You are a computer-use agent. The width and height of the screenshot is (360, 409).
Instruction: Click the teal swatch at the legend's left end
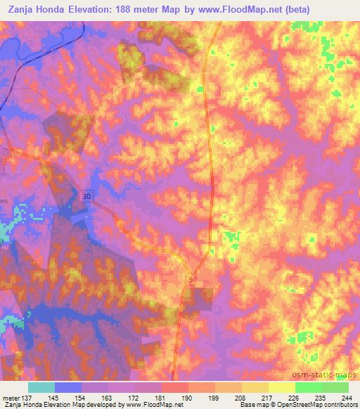41,387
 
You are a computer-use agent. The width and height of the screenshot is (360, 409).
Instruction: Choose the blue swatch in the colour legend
68,387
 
